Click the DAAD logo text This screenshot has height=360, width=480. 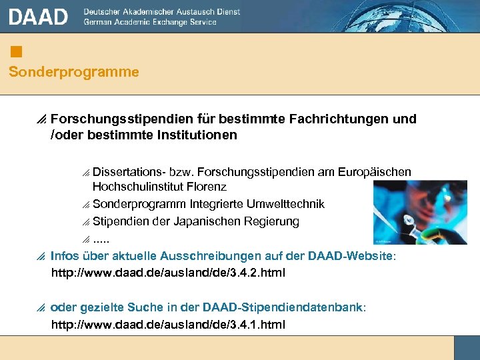pos(39,17)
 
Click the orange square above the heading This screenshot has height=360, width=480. pos(17,51)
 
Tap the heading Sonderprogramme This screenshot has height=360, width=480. pos(74,72)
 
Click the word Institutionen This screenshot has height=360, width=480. pos(197,135)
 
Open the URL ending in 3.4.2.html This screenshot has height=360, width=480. pos(168,273)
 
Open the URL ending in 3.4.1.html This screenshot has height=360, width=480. pos(168,325)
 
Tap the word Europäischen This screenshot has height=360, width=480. pos(376,172)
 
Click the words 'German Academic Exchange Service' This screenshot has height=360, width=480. pos(150,22)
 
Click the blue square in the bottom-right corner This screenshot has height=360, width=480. pos(467,347)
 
